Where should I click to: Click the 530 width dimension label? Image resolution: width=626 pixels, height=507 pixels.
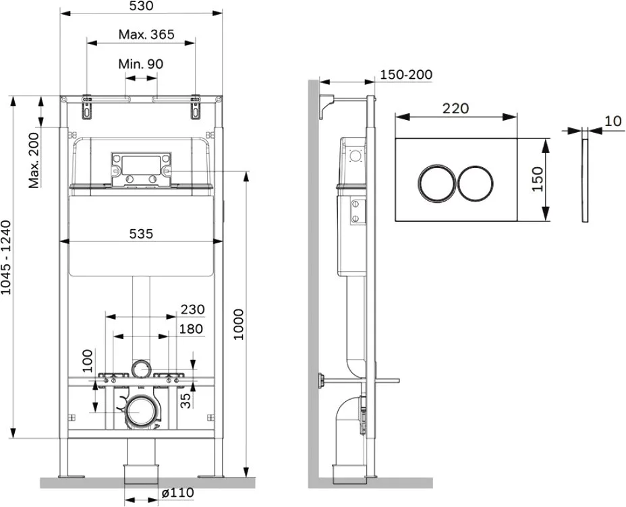[142, 6]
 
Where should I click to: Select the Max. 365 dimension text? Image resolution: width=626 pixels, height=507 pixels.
[146, 34]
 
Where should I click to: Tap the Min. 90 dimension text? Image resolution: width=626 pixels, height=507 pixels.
[141, 64]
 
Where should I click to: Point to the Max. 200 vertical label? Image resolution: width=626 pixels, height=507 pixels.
[34, 160]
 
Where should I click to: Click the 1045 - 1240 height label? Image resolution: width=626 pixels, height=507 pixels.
[6, 258]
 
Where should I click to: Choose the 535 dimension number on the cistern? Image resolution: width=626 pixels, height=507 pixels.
[142, 234]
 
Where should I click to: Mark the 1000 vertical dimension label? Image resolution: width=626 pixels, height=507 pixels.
[238, 324]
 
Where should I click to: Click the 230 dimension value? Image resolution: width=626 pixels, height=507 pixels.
[193, 309]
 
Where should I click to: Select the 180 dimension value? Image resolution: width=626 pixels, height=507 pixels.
[191, 329]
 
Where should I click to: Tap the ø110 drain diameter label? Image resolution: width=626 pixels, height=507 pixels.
[178, 493]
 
